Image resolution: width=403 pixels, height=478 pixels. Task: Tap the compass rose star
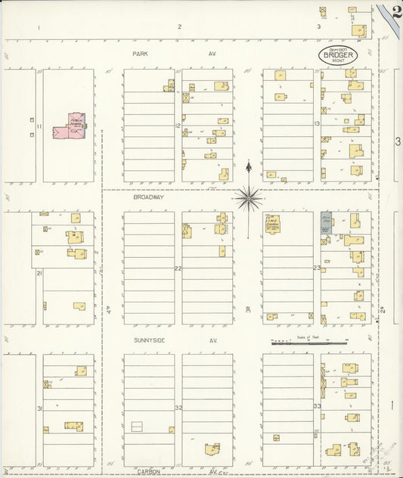[248, 198]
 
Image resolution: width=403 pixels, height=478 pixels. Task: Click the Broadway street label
[148, 197]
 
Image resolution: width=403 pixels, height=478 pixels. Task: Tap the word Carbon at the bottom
[148, 470]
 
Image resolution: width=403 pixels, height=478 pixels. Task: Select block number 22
[178, 268]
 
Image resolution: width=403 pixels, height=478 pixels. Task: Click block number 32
[178, 408]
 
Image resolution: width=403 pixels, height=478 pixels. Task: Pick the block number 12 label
[178, 126]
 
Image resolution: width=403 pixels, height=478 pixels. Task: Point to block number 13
[318, 123]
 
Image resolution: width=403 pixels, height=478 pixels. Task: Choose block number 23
[318, 268]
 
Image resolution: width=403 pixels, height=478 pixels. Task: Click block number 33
[318, 406]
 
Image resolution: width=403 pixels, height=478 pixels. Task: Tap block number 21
[39, 272]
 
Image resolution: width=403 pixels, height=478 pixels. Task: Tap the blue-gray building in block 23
[326, 222]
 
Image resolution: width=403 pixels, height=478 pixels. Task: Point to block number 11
[38, 126]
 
